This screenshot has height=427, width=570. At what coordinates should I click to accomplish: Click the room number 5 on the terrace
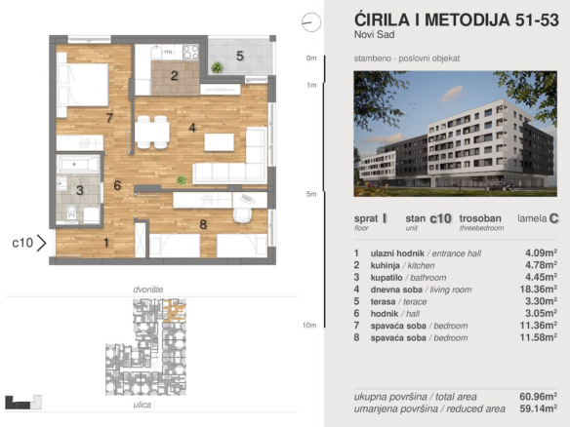(x=240, y=56)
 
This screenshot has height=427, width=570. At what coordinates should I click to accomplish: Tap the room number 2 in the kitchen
(x=174, y=75)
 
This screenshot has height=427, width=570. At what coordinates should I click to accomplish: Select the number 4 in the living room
(x=192, y=128)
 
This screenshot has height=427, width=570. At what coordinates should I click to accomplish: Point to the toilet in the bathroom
(x=72, y=213)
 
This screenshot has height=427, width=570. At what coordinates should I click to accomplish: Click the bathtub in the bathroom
(x=78, y=165)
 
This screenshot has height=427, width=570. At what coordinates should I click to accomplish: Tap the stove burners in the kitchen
(x=190, y=52)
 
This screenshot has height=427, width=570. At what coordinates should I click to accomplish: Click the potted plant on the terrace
(x=217, y=67)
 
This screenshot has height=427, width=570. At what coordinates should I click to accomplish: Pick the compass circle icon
(x=311, y=22)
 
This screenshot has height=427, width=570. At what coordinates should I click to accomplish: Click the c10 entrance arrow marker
(x=41, y=243)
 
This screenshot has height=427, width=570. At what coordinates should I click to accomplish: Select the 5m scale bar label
(x=311, y=194)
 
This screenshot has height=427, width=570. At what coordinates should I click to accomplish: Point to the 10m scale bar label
(x=309, y=325)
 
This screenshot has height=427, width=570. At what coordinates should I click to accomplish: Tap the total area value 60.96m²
(x=539, y=396)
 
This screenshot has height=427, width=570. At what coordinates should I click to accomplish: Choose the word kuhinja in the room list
(x=385, y=265)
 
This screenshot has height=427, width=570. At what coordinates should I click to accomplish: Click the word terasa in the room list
(x=383, y=302)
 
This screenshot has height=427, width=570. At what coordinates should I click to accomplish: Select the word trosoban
(x=480, y=218)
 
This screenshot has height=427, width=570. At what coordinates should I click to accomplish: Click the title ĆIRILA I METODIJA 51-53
(x=456, y=19)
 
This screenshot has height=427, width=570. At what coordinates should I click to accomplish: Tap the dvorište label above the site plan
(x=148, y=290)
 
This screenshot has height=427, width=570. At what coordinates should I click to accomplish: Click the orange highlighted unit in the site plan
(x=174, y=311)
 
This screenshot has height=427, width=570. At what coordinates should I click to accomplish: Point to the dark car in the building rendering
(x=501, y=186)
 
